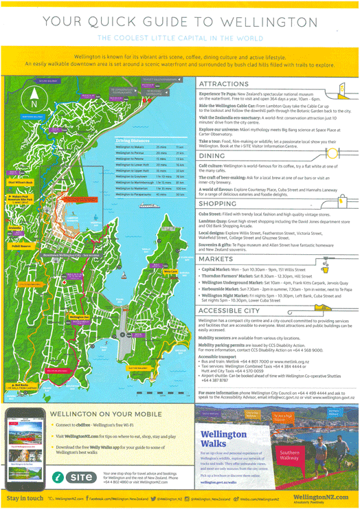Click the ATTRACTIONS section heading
(224, 84)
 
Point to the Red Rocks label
(20, 386)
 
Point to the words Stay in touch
(24, 497)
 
